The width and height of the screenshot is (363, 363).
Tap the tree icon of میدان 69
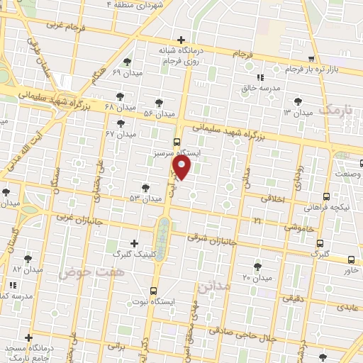pyautogui.click(x=127, y=62)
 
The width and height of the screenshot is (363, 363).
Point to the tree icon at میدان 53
pyautogui.click(x=145, y=188)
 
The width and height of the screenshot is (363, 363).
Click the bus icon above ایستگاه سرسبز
pyautogui.click(x=177, y=142)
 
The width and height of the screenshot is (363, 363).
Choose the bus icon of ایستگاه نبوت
pyautogui.click(x=154, y=290)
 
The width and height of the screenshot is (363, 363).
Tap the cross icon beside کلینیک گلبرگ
pyautogui.click(x=135, y=243)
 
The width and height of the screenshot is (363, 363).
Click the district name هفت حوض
pyautogui.click(x=82, y=272)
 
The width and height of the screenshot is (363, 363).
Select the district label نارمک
pyautogui.click(x=334, y=110)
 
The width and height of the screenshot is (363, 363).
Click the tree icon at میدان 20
pyautogui.click(x=257, y=267)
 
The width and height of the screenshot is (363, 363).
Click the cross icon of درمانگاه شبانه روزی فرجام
pyautogui.click(x=182, y=40)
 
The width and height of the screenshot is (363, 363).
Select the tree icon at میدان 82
pyautogui.click(x=28, y=259)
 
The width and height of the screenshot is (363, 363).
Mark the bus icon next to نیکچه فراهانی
pyautogui.click(x=325, y=196)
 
